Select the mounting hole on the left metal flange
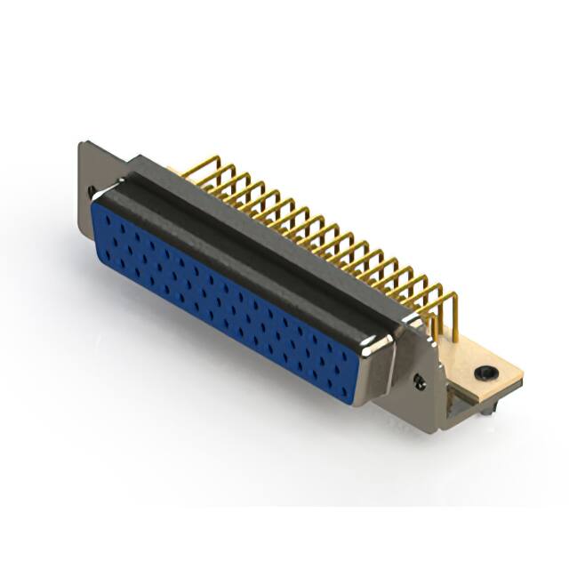(x=92, y=190)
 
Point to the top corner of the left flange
(x=83, y=143)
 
